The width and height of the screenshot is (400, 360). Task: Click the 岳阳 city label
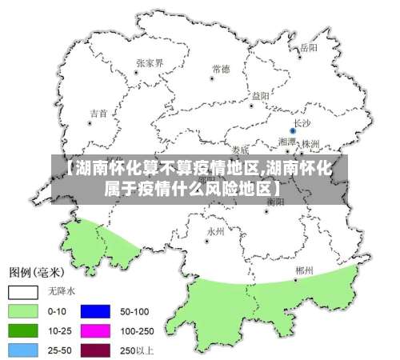coord(309,48)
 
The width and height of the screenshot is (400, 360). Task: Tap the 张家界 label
coord(150,62)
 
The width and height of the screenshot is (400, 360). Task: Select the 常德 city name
coord(221,70)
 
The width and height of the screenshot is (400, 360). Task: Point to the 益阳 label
coord(260,96)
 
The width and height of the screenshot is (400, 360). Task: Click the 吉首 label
coord(98,114)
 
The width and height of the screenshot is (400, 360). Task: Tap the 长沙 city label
coord(302,122)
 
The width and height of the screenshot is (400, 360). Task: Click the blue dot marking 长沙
coord(293,130)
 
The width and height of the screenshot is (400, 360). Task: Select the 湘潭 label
coord(286,142)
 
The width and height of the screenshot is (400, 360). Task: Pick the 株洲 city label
coord(310,143)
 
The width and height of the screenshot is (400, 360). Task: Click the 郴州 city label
coord(303,270)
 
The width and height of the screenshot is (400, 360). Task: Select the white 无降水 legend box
coord(23,291)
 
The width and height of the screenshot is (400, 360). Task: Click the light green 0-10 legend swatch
coord(23,310)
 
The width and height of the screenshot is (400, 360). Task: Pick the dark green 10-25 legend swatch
coord(23,330)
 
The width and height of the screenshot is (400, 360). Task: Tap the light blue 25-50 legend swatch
coord(23,349)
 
